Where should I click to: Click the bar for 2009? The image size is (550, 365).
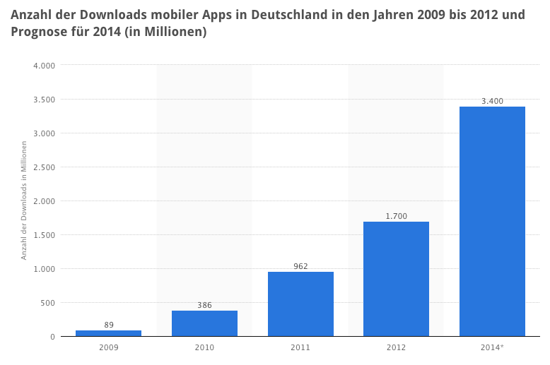pyautogui.click(x=108, y=333)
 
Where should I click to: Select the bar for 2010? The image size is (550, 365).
pyautogui.click(x=204, y=323)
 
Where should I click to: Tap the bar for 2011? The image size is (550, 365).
pyautogui.click(x=300, y=304)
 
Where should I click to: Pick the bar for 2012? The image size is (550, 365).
pyautogui.click(x=396, y=279)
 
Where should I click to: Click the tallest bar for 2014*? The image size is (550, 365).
pyautogui.click(x=492, y=221)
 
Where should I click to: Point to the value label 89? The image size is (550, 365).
pyautogui.click(x=108, y=325)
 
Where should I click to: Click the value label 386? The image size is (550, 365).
pyautogui.click(x=204, y=305)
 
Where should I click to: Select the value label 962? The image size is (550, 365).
pyautogui.click(x=300, y=266)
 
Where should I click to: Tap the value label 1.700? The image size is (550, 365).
pyautogui.click(x=396, y=216)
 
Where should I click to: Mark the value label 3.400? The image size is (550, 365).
pyautogui.click(x=492, y=101)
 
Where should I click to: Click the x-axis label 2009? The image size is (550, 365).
pyautogui.click(x=108, y=347)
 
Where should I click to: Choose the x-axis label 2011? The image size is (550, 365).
pyautogui.click(x=300, y=347)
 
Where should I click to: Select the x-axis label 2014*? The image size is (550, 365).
pyautogui.click(x=492, y=347)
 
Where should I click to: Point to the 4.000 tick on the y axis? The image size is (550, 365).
pyautogui.click(x=44, y=66)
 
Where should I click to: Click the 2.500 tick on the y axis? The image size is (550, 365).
pyautogui.click(x=44, y=167)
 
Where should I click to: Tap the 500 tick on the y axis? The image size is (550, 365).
pyautogui.click(x=48, y=303)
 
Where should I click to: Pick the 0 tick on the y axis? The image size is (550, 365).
pyautogui.click(x=52, y=337)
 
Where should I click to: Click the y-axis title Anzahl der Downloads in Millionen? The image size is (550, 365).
pyautogui.click(x=24, y=201)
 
